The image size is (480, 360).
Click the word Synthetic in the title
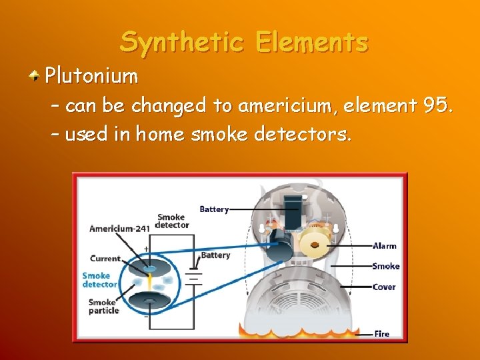point(175,43)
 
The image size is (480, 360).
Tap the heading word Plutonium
point(91,77)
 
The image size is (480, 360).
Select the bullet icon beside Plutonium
point(33,77)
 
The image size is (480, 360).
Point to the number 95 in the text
point(436,105)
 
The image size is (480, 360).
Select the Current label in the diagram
point(105,259)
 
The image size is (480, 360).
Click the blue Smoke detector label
point(99,280)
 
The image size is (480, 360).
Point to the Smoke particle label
point(105,306)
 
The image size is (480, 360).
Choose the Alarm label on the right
point(385,246)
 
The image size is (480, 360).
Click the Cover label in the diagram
point(384,287)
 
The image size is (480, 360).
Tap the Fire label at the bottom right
point(382,333)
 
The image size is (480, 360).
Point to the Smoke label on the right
point(386,266)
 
